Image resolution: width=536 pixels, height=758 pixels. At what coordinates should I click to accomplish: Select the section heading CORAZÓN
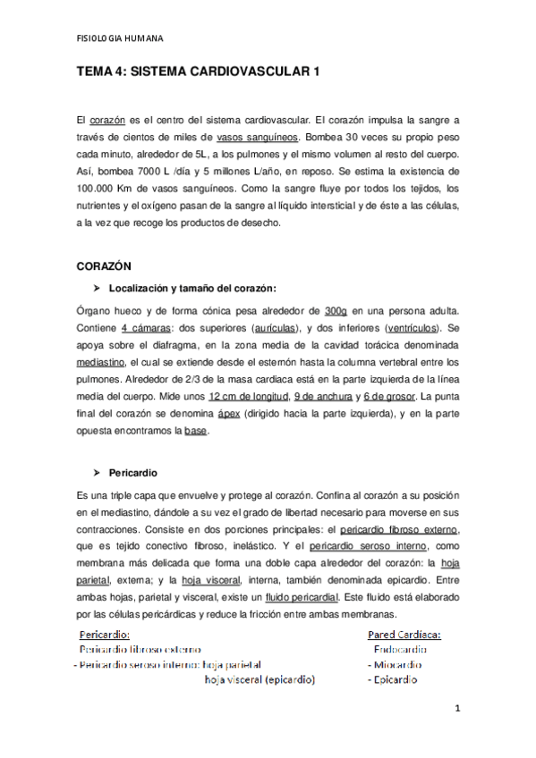[104, 265]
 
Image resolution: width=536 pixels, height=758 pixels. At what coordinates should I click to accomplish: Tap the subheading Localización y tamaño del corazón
[191, 288]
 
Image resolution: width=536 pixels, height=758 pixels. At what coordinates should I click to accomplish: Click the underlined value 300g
[338, 310]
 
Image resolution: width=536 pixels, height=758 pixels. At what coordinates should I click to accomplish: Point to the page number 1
[456, 710]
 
